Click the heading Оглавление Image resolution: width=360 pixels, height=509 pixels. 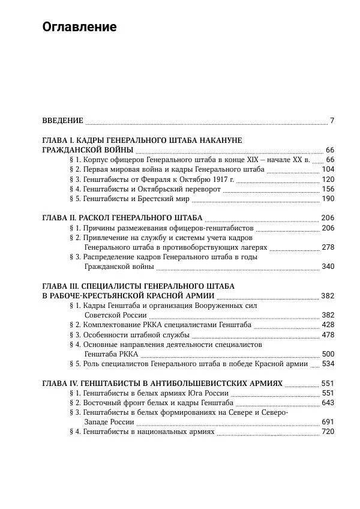click(79, 28)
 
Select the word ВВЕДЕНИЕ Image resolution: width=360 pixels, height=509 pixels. click(62, 121)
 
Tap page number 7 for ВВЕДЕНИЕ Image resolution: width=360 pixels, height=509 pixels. click(332, 121)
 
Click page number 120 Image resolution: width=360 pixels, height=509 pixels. click(328, 179)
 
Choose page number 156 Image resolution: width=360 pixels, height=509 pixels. click(328, 189)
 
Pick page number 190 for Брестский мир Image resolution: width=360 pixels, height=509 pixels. click(328, 199)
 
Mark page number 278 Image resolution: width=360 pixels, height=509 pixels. click(328, 247)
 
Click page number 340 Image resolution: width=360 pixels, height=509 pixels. click(328, 267)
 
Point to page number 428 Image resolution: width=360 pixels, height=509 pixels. click(328, 325)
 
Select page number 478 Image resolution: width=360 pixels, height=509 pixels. click(328, 334)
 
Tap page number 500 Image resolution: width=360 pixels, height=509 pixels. click(328, 354)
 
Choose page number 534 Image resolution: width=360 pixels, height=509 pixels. click(328, 364)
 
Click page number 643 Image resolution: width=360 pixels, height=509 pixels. click(328, 403)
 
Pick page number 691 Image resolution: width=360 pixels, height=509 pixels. click(328, 422)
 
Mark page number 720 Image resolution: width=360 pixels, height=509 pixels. click(328, 432)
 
